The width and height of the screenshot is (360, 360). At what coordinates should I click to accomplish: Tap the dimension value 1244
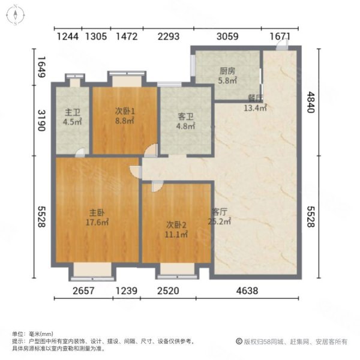click(x=68, y=37)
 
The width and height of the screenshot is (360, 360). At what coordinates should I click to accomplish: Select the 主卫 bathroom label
click(x=73, y=112)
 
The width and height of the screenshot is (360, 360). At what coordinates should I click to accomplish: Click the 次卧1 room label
click(x=124, y=111)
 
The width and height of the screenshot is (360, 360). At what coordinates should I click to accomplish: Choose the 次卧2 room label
click(x=176, y=225)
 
